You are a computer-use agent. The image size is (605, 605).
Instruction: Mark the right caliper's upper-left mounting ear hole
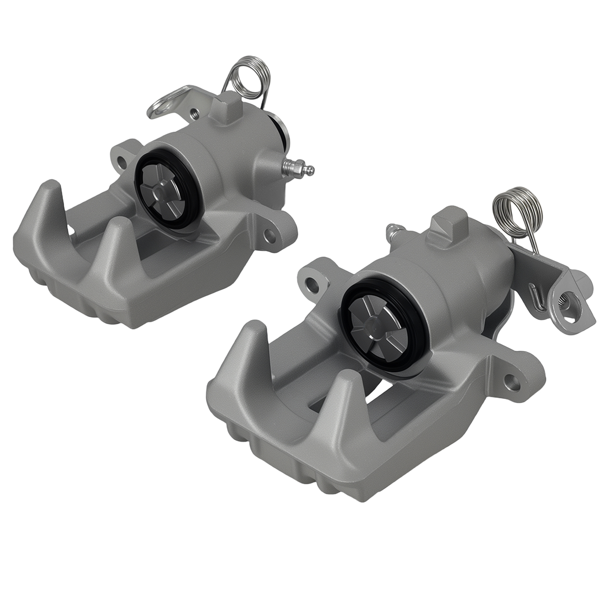(310, 281)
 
